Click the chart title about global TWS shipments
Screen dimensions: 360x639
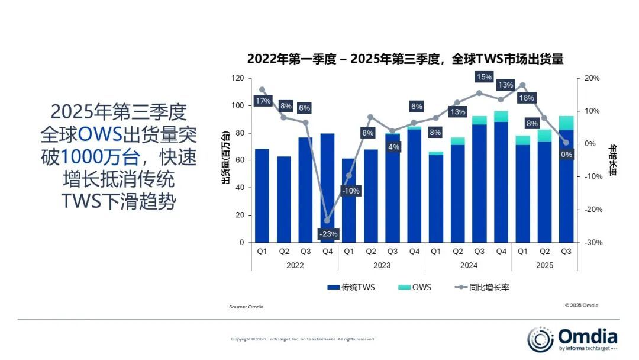tap(405, 59)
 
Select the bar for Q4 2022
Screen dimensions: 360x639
tap(327, 188)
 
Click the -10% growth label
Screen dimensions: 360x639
tap(350, 191)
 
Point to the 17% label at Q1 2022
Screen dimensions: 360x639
tap(263, 101)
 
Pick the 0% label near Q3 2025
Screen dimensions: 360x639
tap(566, 155)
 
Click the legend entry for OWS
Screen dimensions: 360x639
tap(414, 287)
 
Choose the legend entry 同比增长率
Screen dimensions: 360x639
tap(482, 287)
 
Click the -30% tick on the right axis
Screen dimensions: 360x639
tap(592, 242)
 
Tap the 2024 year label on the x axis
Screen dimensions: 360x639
tap(469, 265)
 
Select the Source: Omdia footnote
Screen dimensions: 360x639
tap(246, 307)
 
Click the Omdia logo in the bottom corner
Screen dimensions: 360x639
tap(572, 339)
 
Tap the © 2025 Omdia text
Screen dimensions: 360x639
tap(582, 306)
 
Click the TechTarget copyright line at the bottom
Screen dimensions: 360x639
tap(303, 339)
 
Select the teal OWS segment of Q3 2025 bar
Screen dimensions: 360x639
tap(566, 123)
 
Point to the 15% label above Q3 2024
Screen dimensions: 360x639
tap(484, 77)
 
